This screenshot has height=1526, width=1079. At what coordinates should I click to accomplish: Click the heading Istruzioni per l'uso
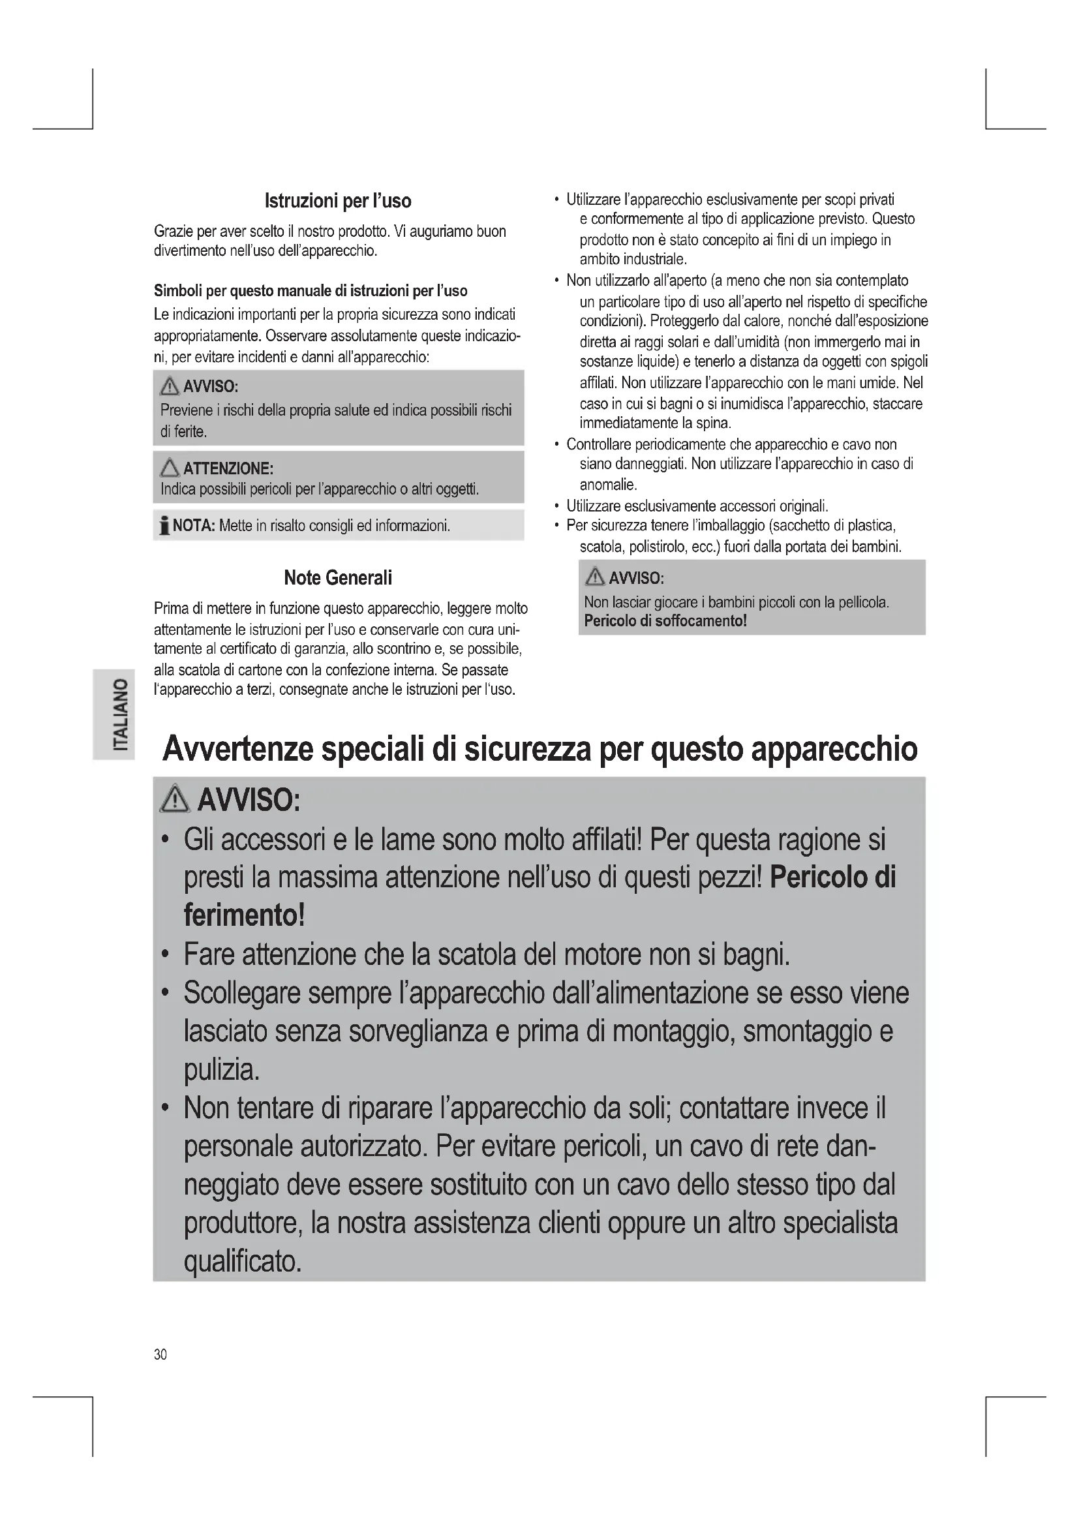point(337,201)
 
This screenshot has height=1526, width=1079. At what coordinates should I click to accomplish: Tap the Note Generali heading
point(337,577)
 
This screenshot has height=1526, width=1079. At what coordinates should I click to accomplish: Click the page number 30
point(160,1354)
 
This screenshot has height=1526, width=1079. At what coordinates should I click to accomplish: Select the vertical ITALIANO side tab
point(114,714)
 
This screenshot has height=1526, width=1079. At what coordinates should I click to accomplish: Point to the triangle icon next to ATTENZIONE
point(170,468)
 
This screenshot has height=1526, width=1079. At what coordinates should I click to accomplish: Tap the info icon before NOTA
point(164,526)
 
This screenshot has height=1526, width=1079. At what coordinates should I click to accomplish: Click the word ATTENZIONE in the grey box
point(228,468)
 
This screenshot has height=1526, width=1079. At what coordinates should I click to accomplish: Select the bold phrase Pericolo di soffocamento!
point(665,622)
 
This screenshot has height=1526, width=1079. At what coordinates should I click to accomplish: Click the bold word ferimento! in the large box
point(244,916)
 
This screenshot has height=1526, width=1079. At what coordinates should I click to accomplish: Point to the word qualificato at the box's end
point(243,1262)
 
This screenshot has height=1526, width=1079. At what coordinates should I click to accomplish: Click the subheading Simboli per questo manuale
point(311,291)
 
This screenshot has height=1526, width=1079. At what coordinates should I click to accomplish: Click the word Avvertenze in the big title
point(237,749)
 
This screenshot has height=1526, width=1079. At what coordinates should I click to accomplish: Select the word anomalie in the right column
point(609,485)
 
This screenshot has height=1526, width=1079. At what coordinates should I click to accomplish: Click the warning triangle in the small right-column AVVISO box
point(595,577)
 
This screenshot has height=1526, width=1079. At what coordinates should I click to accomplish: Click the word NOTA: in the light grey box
point(193,526)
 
